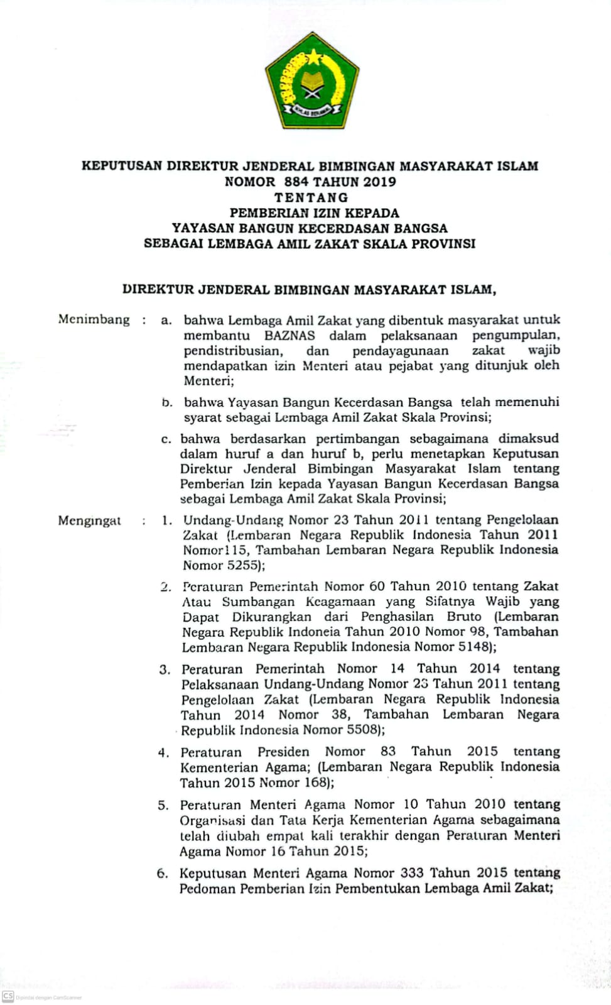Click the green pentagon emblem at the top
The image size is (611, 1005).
click(311, 81)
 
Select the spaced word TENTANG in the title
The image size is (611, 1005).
click(311, 197)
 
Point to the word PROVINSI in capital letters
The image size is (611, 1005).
click(443, 243)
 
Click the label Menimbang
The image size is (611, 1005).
click(94, 319)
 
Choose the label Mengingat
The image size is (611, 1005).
click(89, 520)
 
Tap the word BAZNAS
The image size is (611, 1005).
click(289, 335)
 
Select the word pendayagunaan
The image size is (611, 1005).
click(400, 351)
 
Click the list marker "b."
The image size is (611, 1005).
click(166, 402)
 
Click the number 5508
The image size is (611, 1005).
click(361, 730)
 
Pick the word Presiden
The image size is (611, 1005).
click(283, 752)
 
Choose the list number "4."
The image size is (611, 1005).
click(163, 753)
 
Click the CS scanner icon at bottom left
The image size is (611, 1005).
click(8, 996)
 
